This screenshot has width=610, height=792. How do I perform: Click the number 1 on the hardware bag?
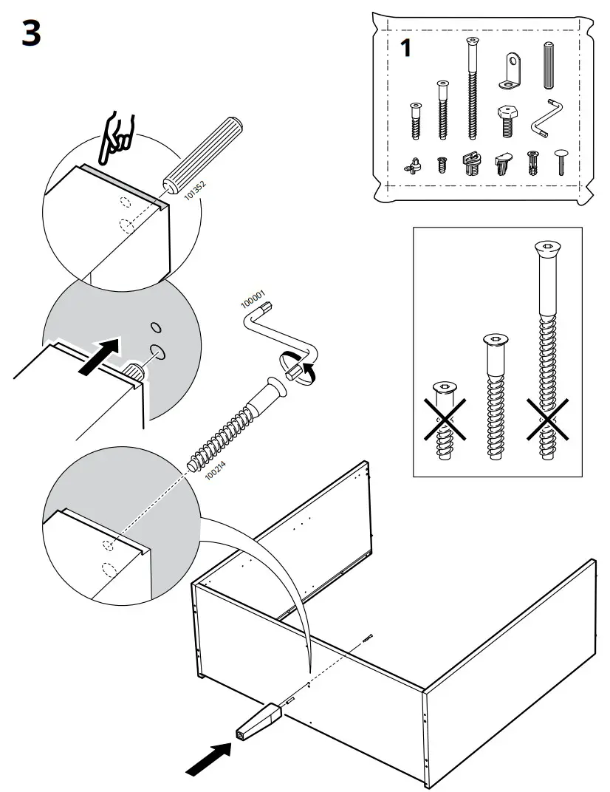click(x=405, y=49)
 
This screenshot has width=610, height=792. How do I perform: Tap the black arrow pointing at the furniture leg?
click(x=208, y=759)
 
